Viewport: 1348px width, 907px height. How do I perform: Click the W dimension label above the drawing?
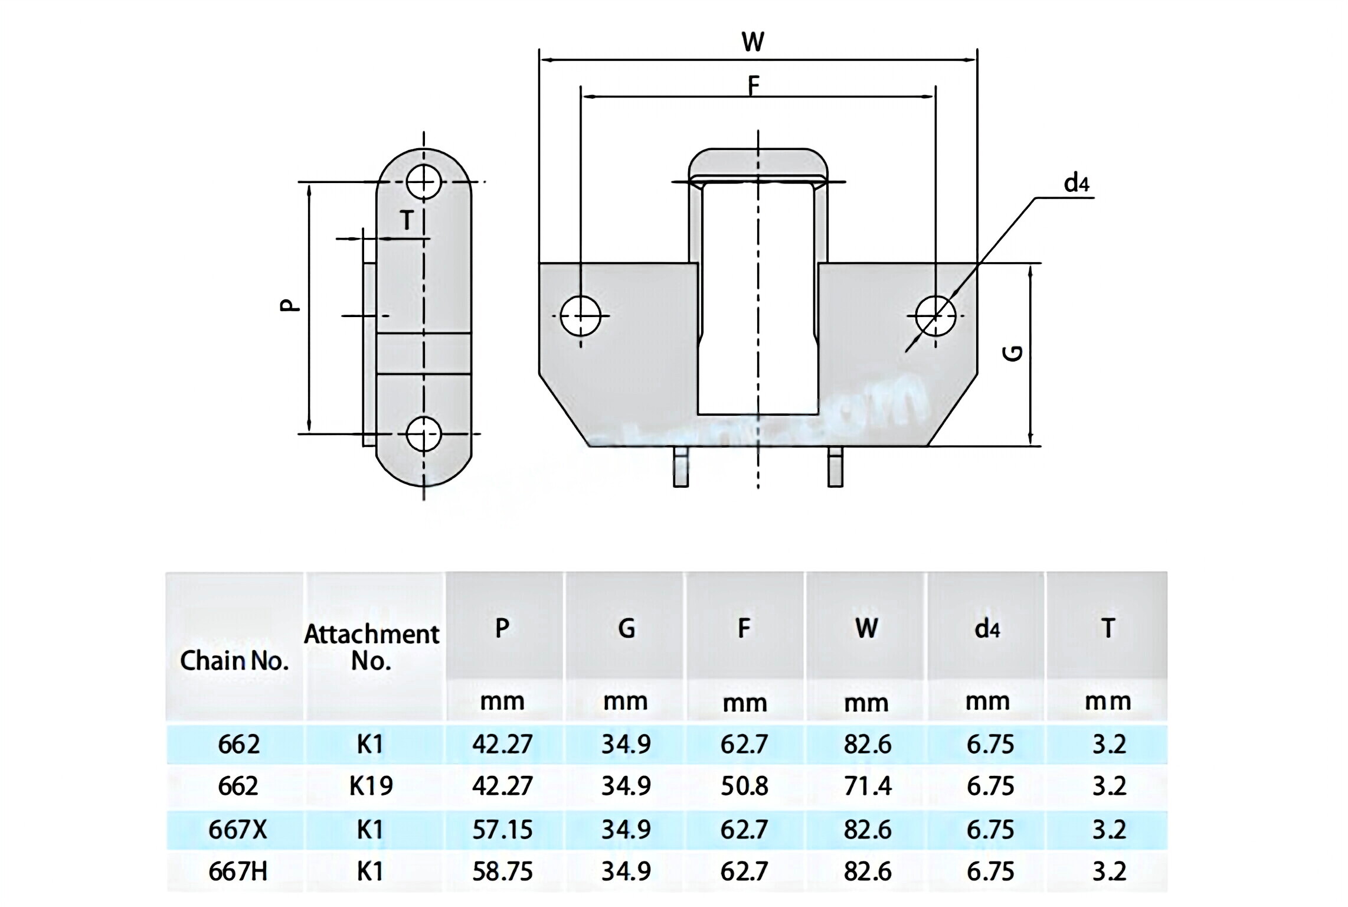click(x=752, y=42)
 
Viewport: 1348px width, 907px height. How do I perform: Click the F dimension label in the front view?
click(x=753, y=85)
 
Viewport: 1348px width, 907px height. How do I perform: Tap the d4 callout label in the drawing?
click(x=1076, y=183)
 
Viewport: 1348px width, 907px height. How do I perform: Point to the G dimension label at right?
click(x=1013, y=353)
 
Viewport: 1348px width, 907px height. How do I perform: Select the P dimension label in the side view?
click(x=289, y=305)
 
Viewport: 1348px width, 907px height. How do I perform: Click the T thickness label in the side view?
click(x=407, y=220)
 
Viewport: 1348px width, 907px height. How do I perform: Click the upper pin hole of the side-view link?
click(x=423, y=182)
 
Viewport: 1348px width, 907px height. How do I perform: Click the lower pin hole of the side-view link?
click(x=423, y=434)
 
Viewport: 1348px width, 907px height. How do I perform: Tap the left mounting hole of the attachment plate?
click(x=580, y=317)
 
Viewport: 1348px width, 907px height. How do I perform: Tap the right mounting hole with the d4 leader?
click(x=935, y=317)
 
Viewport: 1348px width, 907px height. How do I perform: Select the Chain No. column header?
click(x=234, y=660)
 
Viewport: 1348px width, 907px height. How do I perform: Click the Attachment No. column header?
click(x=371, y=647)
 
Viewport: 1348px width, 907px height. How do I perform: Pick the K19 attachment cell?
click(x=371, y=786)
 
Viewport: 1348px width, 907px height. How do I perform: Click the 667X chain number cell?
click(x=237, y=830)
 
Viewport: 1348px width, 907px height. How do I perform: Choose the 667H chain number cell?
click(x=237, y=872)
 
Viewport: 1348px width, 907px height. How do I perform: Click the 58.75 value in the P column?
click(x=502, y=872)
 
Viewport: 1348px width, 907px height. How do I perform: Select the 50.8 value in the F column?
click(x=744, y=786)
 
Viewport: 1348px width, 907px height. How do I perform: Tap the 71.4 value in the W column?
click(x=866, y=786)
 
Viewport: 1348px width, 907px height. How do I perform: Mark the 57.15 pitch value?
click(x=502, y=830)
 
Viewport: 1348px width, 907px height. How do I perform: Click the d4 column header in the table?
click(x=987, y=629)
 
